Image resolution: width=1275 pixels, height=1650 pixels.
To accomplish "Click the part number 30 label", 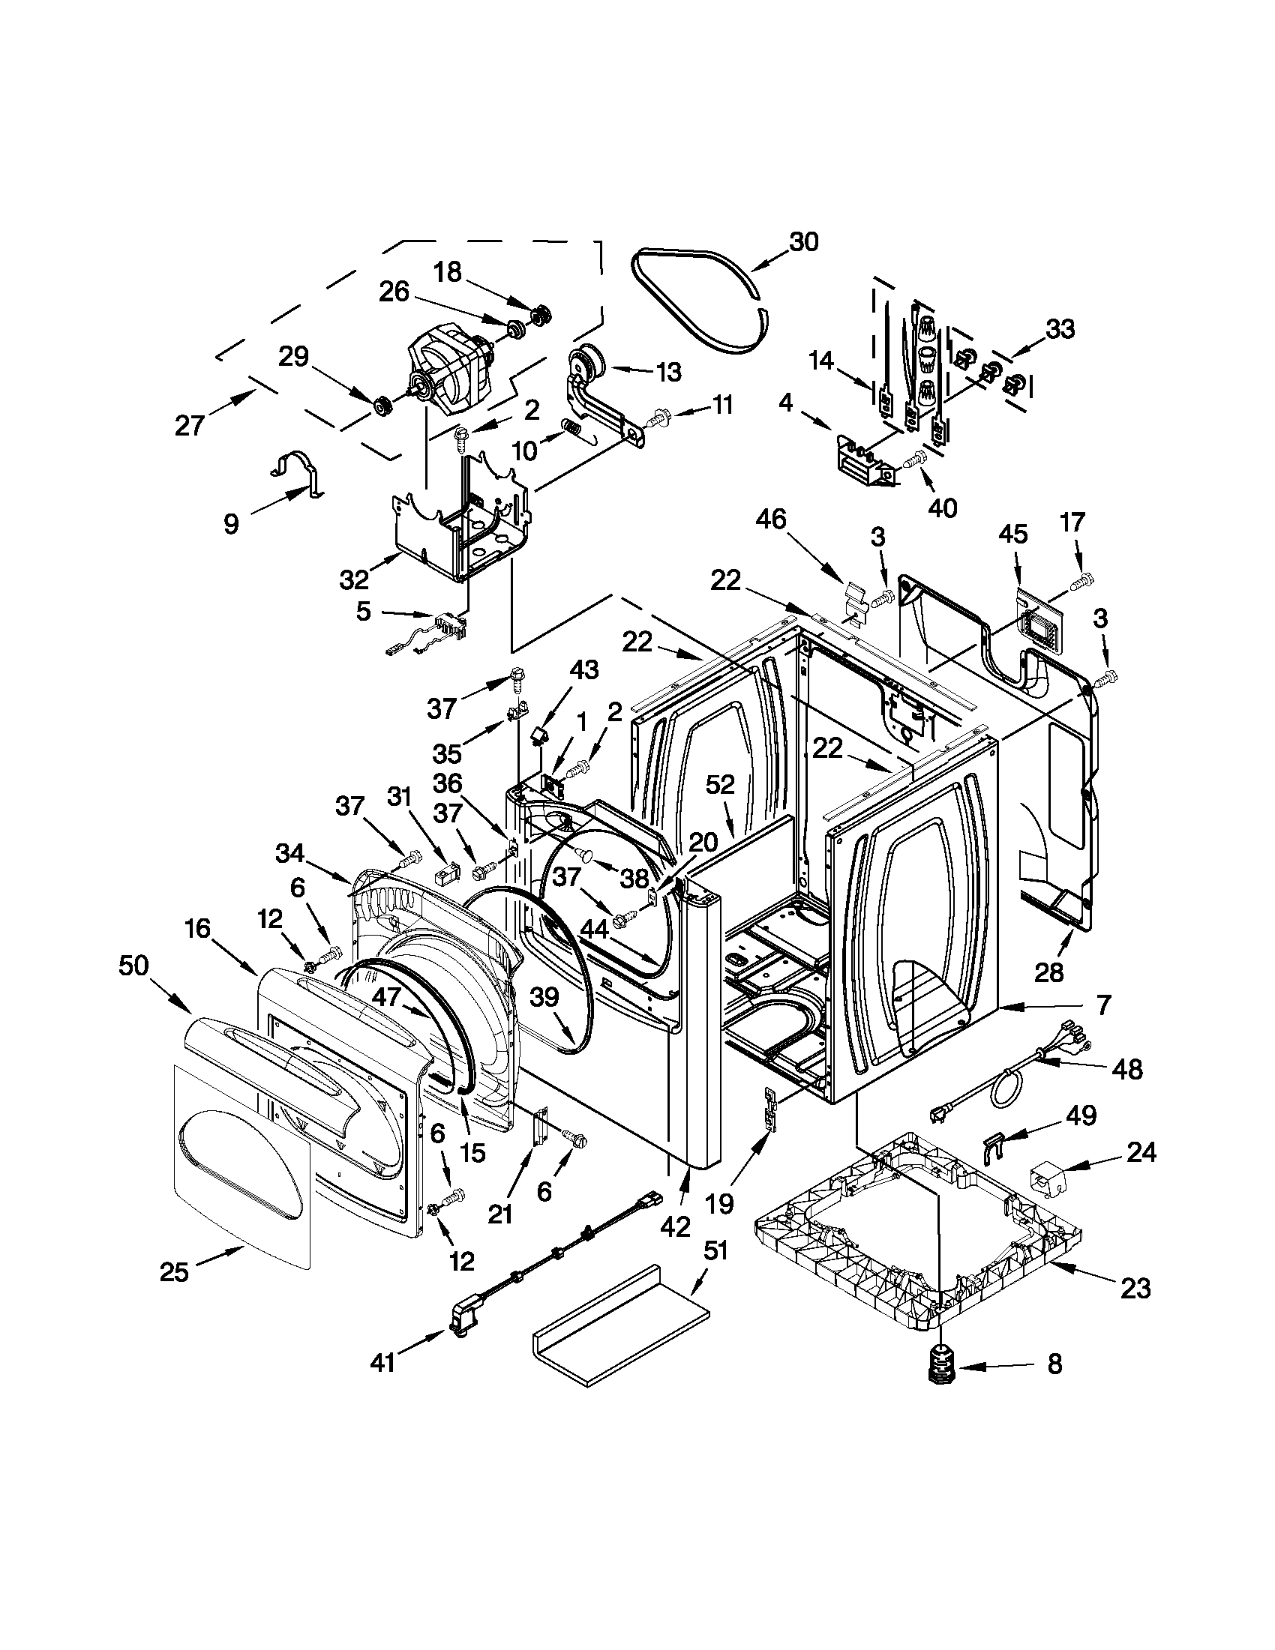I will tap(803, 242).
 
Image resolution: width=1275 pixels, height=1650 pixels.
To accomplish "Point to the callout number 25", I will tap(174, 1272).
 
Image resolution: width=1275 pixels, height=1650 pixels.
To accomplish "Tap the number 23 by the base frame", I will tap(1135, 1286).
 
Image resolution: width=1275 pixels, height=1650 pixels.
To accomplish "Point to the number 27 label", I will tap(189, 426).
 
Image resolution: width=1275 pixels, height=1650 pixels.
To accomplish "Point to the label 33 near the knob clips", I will tap(1060, 329).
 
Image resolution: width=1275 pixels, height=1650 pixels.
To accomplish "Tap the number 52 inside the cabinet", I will tap(720, 785).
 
